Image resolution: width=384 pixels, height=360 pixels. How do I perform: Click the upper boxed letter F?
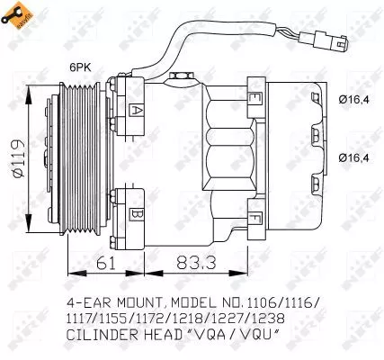tap(256, 97)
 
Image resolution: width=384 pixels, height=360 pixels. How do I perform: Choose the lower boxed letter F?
tap(256, 218)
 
